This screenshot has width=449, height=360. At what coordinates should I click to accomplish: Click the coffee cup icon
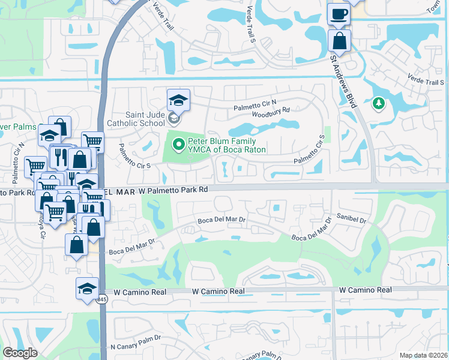click(x=339, y=14)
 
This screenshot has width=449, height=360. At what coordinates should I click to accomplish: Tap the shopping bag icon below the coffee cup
click(x=339, y=41)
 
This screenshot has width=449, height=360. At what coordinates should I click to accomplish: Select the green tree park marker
click(x=378, y=104)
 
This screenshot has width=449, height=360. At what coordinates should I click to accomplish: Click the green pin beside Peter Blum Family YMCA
click(x=178, y=144)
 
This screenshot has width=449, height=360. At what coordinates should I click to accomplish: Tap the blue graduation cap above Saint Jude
click(x=178, y=99)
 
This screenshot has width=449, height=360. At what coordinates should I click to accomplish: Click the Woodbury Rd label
click(x=271, y=110)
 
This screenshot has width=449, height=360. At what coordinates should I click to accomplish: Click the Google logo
click(x=20, y=353)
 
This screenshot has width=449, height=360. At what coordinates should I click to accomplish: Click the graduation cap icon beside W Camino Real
click(x=88, y=289)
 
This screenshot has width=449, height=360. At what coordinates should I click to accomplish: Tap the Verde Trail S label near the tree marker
click(x=425, y=82)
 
